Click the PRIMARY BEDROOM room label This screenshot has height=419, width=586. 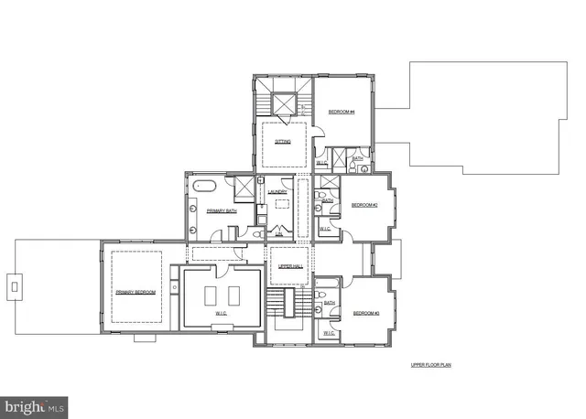(x=135, y=292)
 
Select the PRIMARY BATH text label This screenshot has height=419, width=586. (x=221, y=211)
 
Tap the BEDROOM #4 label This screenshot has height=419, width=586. (x=342, y=112)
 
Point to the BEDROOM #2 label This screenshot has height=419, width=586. (x=364, y=205)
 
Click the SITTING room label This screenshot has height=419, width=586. (x=282, y=142)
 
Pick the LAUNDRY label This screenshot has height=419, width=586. (x=278, y=192)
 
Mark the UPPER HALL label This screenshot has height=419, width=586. (x=290, y=266)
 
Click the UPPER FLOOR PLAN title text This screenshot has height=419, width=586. (x=431, y=364)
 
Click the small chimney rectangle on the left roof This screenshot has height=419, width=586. (x=15, y=287)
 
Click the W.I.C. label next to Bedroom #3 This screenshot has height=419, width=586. (x=329, y=333)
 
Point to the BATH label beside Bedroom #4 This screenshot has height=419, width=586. (x=357, y=157)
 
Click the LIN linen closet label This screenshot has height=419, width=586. (x=279, y=234)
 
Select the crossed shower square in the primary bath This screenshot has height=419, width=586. (x=244, y=188)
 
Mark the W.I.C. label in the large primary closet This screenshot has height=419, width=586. (x=221, y=314)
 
